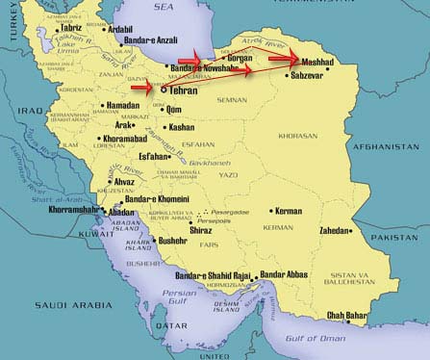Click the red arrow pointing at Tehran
[142, 87]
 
